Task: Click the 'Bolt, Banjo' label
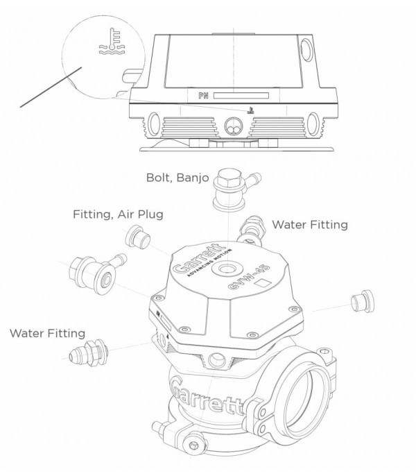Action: click(x=177, y=177)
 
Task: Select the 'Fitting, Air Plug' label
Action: click(x=118, y=214)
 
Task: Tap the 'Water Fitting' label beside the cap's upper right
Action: click(x=309, y=225)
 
